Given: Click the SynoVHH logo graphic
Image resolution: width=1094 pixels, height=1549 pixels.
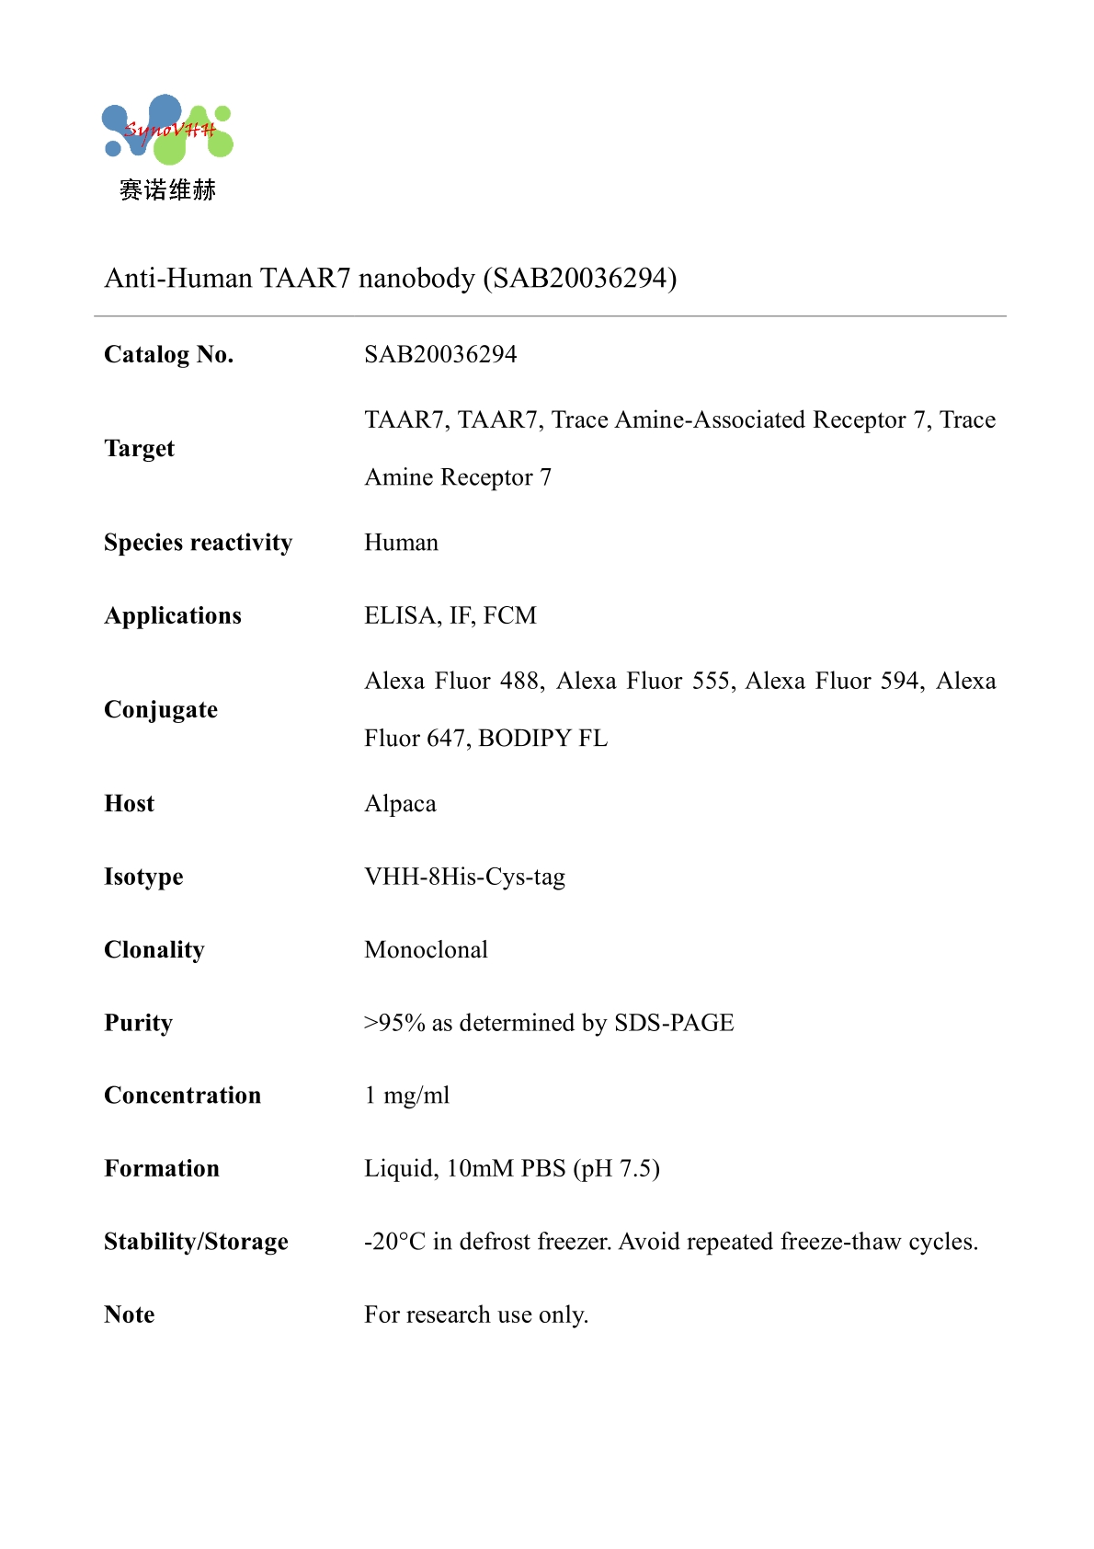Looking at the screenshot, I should [x=167, y=130].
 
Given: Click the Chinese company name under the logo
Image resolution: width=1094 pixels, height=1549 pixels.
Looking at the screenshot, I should [x=167, y=190].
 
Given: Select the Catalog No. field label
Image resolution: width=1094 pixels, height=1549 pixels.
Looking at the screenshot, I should [x=169, y=354].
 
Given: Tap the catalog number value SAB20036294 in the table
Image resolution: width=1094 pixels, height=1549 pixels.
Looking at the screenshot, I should [x=440, y=354].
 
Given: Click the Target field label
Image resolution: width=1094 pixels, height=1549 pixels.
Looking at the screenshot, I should [x=139, y=448].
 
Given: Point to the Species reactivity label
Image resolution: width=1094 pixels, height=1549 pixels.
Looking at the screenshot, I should [x=198, y=543].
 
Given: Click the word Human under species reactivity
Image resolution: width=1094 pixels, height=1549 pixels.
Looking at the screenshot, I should [x=401, y=543].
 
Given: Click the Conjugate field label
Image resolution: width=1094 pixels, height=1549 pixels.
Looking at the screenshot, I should [x=161, y=709].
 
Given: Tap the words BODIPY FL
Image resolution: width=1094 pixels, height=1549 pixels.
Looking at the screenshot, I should [x=542, y=739].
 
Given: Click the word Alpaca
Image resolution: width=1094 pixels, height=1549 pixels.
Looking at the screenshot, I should [x=400, y=804].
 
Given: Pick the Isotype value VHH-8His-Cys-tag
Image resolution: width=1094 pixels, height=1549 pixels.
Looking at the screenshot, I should [x=464, y=877].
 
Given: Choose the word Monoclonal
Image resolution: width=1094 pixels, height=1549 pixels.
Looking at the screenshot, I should [x=426, y=949].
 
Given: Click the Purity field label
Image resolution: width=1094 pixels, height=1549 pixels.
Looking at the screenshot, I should [x=138, y=1023].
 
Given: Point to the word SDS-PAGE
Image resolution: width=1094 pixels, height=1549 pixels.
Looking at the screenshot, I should [x=674, y=1023].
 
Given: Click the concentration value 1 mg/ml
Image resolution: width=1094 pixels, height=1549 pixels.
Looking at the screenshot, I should [x=406, y=1096].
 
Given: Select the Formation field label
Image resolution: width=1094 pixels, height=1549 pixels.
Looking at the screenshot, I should [x=162, y=1168].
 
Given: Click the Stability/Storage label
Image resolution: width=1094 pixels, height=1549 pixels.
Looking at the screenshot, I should [x=196, y=1242].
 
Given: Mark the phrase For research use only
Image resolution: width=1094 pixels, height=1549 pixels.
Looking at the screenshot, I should [x=475, y=1314].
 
